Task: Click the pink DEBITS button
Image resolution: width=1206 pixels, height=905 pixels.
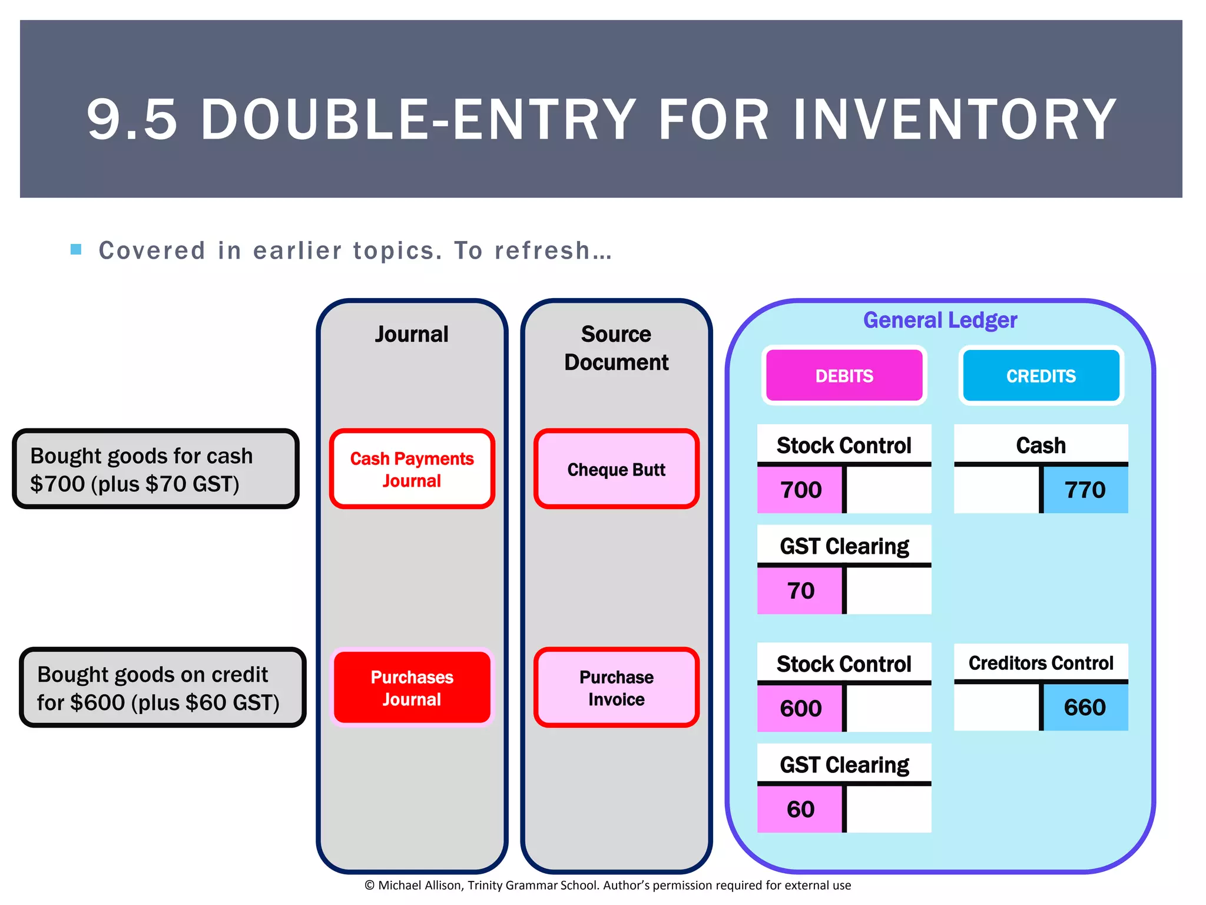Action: (x=844, y=375)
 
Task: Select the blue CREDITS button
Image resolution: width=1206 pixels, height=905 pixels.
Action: (x=1041, y=375)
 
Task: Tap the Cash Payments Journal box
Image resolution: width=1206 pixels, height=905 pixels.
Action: (x=412, y=469)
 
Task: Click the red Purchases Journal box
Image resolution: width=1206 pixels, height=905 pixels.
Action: (x=412, y=688)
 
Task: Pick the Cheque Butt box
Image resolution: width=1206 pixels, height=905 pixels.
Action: (x=616, y=469)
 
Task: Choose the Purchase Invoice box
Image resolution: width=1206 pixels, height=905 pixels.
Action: (x=616, y=688)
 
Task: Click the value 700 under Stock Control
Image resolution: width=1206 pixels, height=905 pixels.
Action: (x=800, y=490)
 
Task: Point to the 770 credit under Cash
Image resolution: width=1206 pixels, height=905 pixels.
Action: (x=1085, y=490)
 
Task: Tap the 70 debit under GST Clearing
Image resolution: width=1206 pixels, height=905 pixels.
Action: (x=800, y=590)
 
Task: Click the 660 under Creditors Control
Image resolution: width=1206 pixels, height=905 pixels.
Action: (x=1085, y=707)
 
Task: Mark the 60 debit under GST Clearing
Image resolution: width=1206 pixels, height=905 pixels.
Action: (x=800, y=809)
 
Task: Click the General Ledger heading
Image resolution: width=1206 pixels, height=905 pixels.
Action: (x=940, y=320)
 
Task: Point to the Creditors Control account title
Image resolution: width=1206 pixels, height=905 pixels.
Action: (x=1041, y=663)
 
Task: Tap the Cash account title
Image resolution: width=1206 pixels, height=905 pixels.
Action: (x=1041, y=445)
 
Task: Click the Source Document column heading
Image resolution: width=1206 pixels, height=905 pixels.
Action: (x=616, y=348)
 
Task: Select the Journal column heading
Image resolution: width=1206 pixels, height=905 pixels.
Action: (x=412, y=334)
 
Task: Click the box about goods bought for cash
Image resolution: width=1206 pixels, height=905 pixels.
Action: (x=155, y=469)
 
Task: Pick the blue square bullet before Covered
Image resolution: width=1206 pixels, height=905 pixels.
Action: (x=76, y=249)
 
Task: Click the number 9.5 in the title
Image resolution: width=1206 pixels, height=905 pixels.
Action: (x=132, y=120)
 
